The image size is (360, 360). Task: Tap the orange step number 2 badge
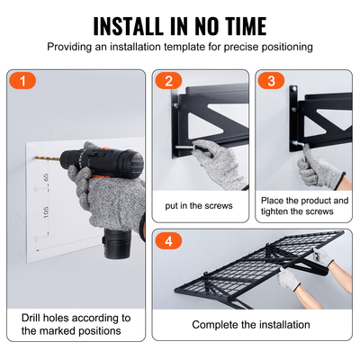point(167,81)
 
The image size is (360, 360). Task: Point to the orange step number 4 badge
point(167,241)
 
